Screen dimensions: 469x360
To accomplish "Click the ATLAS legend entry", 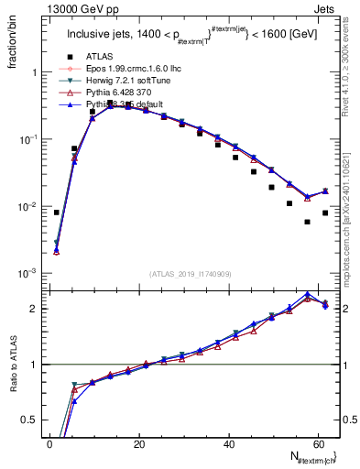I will click(101, 56).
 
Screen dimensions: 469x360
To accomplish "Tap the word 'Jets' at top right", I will click(326, 8).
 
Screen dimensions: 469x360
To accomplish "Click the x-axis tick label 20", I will click(139, 443).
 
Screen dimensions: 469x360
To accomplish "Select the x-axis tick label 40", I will click(228, 443).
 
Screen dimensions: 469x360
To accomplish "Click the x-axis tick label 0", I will click(50, 443).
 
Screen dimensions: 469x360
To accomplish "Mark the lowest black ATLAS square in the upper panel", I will click(307, 222).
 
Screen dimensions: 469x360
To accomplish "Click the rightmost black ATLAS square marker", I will click(325, 213).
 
